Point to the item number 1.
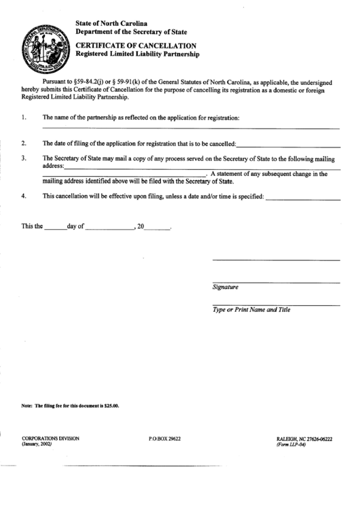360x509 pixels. click(24, 117)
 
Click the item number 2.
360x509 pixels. click(24, 143)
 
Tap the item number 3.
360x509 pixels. click(24, 158)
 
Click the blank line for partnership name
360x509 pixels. click(191, 127)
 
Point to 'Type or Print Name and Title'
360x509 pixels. click(251, 310)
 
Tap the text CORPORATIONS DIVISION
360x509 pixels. click(50, 438)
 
